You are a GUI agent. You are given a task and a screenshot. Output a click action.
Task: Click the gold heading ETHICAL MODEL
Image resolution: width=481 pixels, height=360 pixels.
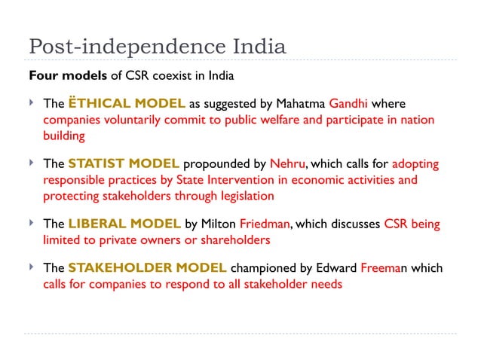click(x=116, y=103)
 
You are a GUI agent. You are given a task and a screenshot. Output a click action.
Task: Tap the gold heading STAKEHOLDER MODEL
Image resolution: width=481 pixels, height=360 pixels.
click(x=147, y=267)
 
